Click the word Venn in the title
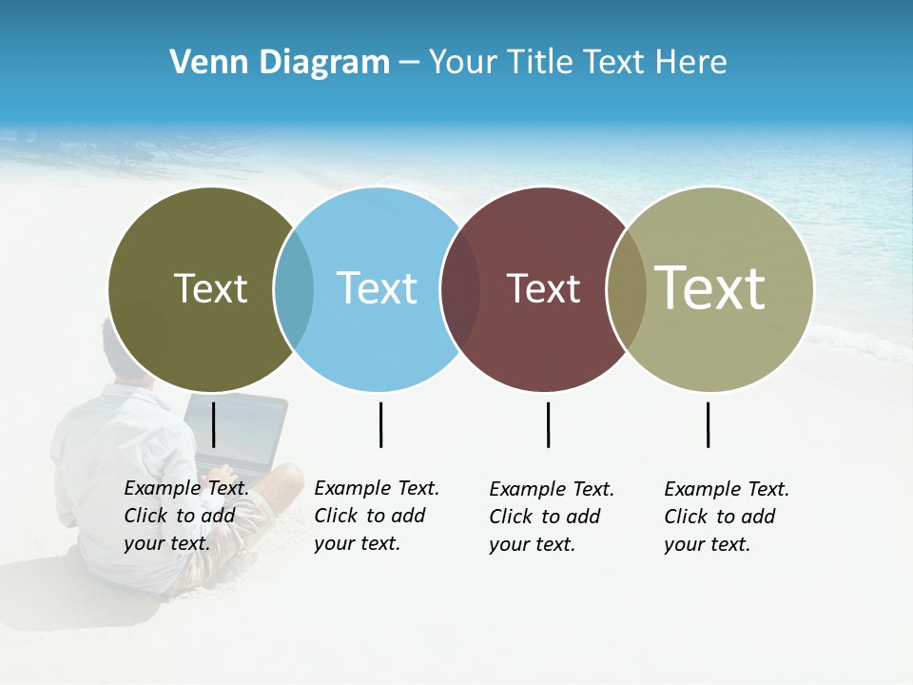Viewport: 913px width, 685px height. (x=202, y=62)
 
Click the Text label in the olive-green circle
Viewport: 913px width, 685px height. (x=210, y=288)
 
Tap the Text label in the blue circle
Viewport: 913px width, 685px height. (x=377, y=288)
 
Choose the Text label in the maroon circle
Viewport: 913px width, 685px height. (x=543, y=288)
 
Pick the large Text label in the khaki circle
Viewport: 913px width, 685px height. (x=710, y=287)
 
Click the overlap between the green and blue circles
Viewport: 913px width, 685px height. (x=294, y=289)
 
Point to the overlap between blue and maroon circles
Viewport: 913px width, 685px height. (x=460, y=289)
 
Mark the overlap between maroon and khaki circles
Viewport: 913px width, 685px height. (x=626, y=289)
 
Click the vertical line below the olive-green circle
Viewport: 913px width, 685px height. (x=214, y=424)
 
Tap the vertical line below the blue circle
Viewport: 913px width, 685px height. (x=380, y=424)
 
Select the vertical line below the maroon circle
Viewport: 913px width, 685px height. (x=548, y=424)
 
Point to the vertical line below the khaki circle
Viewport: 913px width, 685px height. (x=708, y=424)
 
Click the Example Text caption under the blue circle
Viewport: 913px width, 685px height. (x=376, y=516)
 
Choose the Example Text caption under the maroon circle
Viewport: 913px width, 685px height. (x=551, y=517)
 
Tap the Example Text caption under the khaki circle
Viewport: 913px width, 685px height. (x=726, y=517)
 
